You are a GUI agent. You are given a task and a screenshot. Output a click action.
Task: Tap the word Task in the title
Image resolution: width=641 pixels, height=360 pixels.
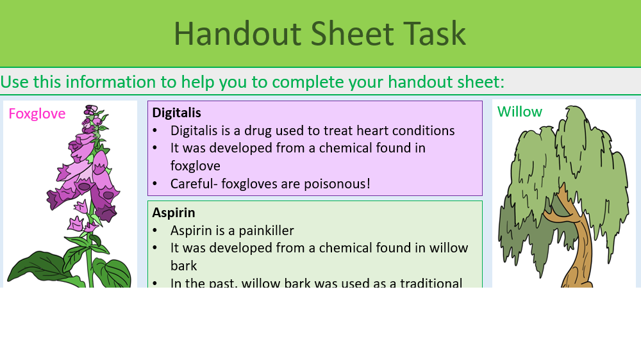click(435, 33)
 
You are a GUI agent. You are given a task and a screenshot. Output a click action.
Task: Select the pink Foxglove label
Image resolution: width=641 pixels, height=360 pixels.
click(37, 114)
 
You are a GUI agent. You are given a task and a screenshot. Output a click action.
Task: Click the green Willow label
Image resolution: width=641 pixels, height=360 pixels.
click(520, 112)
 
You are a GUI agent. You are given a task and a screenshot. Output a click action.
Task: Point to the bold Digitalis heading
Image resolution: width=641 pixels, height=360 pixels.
click(176, 113)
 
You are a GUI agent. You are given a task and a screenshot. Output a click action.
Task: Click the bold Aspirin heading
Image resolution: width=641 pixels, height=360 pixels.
click(174, 213)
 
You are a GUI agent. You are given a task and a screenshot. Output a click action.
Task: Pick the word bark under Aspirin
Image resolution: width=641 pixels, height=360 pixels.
click(185, 265)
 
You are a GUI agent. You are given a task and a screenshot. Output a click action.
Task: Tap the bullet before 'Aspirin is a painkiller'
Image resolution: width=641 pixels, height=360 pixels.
click(156, 231)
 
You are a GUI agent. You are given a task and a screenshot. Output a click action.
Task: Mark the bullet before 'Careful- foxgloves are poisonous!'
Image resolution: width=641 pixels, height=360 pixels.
click(156, 184)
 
